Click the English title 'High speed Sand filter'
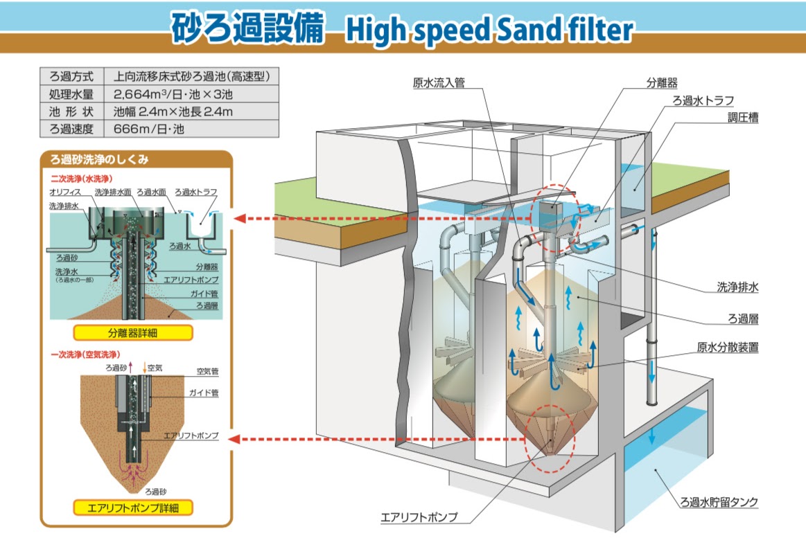[488, 30]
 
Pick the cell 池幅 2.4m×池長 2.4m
[173, 111]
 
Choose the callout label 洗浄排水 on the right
[737, 285]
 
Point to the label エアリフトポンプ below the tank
[419, 517]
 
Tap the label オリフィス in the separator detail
[64, 191]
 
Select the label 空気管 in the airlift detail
[207, 372]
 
